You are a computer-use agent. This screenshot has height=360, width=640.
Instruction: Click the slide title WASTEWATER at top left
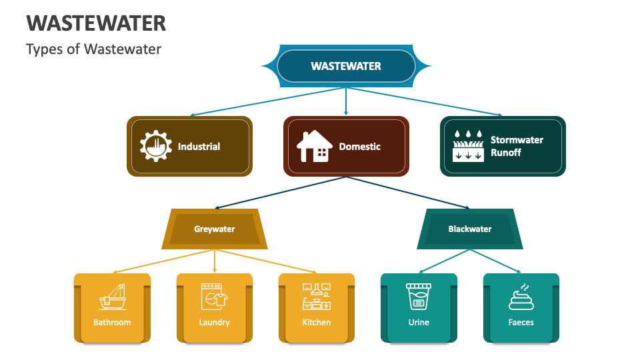[x=96, y=23]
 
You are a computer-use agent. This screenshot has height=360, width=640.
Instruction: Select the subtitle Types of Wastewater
[x=93, y=49]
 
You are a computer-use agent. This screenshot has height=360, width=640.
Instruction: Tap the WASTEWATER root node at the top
[x=346, y=66]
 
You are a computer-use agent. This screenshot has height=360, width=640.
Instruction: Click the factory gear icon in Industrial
[x=156, y=146]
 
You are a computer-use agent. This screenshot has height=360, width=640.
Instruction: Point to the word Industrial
[x=199, y=147]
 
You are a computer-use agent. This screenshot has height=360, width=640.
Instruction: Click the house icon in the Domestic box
[x=315, y=146]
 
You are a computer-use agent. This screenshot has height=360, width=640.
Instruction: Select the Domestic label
[x=359, y=147]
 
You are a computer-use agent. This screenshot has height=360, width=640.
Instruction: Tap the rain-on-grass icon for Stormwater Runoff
[x=468, y=146]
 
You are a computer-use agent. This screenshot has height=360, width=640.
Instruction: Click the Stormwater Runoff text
[x=517, y=146]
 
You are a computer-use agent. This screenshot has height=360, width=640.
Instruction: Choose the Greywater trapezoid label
[x=214, y=229]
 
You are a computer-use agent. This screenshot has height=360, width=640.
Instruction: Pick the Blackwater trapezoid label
[x=469, y=229]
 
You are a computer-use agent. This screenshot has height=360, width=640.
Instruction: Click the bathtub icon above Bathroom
[x=112, y=297]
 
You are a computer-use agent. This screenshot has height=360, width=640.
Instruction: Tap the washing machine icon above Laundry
[x=214, y=297]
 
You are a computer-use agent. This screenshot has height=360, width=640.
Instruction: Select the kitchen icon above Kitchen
[x=317, y=297]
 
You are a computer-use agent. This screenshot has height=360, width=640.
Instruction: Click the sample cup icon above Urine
[x=419, y=297]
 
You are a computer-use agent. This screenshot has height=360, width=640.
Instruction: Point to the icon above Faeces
[x=521, y=297]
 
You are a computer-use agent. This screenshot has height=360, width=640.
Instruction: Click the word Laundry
[x=214, y=323]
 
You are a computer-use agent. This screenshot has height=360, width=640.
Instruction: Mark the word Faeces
[x=521, y=323]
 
